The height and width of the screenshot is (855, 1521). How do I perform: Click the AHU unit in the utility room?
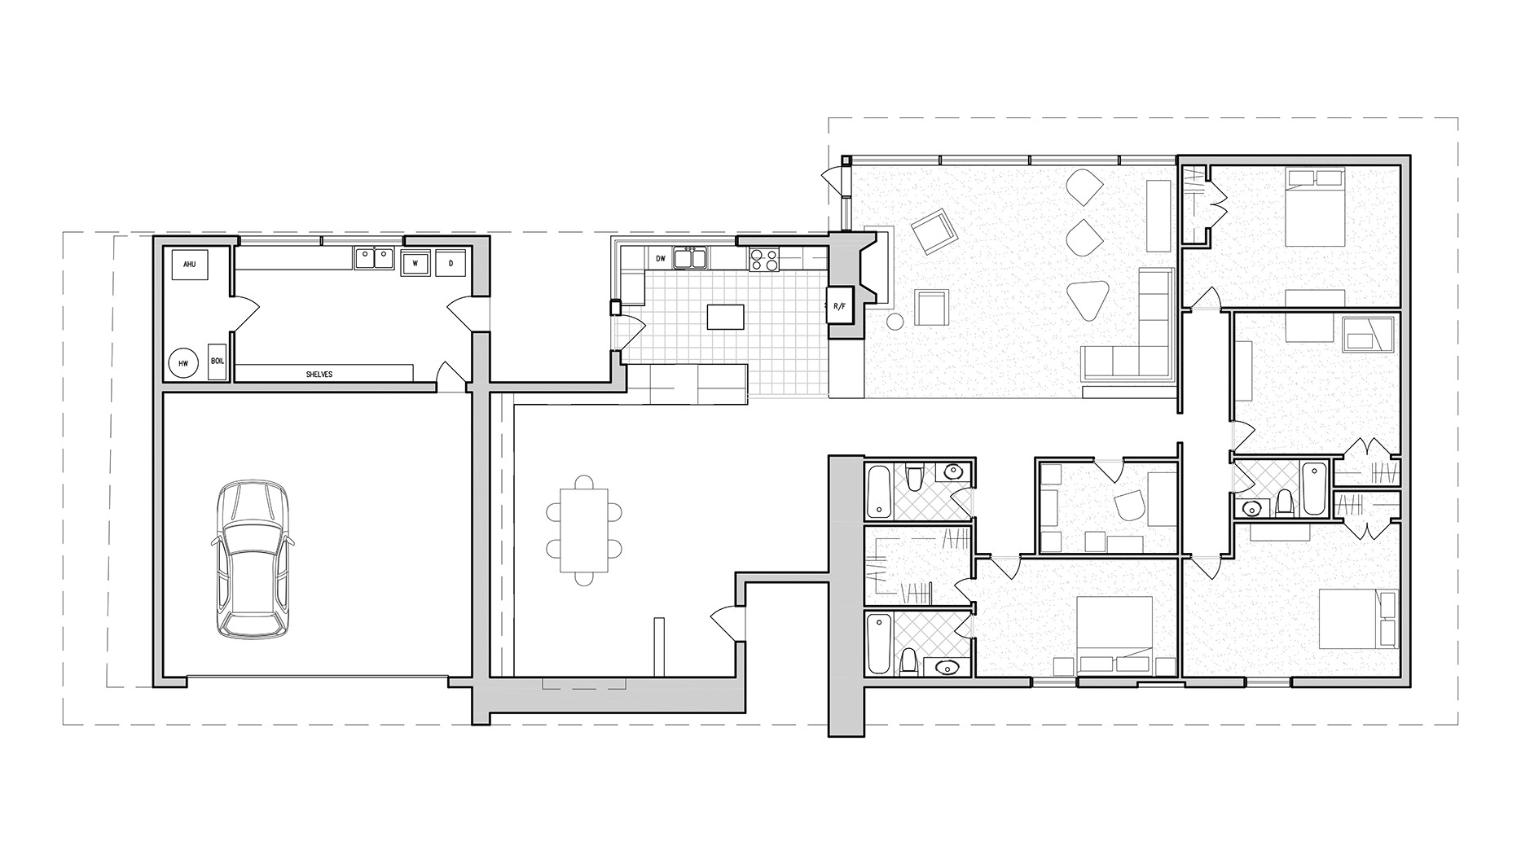pos(190,265)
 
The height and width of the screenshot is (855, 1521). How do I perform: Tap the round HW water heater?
pos(182,363)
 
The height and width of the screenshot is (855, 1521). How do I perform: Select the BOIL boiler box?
pos(217,361)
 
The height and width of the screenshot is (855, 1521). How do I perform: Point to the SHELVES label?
pos(319,375)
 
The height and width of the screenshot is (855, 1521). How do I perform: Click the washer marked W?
pos(415,263)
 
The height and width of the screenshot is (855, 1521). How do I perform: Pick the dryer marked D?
pos(451,263)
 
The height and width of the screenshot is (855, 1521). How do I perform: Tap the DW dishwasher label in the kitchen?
pos(661,259)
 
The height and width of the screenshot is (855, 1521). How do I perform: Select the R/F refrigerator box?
pos(839,307)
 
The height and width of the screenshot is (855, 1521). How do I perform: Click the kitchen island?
pos(726,316)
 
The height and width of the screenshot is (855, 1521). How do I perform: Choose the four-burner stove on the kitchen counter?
pos(764,259)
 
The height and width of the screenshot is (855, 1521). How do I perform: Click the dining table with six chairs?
pos(584,530)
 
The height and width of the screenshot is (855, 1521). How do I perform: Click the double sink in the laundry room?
pos(375,258)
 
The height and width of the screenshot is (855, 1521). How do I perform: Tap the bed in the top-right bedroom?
pos(1314,208)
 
